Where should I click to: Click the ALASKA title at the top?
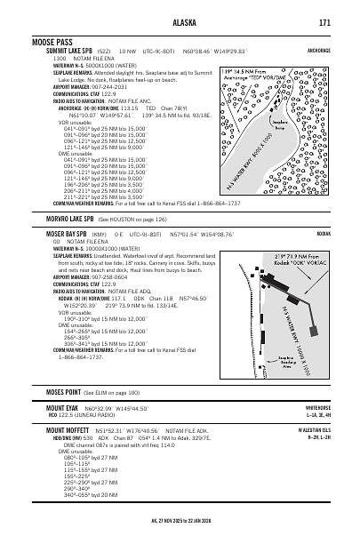180,22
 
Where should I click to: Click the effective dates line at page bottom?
180,524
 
